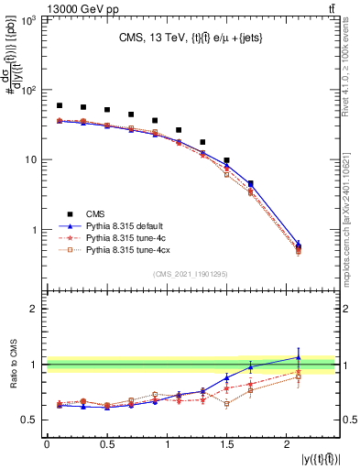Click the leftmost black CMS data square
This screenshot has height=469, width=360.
[x=60, y=105]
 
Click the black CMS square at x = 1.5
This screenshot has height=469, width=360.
[x=226, y=160]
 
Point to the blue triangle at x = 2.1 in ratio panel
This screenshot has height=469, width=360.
[x=299, y=357]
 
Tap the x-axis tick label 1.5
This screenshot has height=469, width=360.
[x=226, y=444]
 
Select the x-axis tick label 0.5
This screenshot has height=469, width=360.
[x=107, y=444]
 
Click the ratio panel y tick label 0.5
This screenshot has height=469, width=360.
[x=32, y=420]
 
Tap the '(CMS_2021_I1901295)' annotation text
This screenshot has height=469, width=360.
[x=190, y=272]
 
